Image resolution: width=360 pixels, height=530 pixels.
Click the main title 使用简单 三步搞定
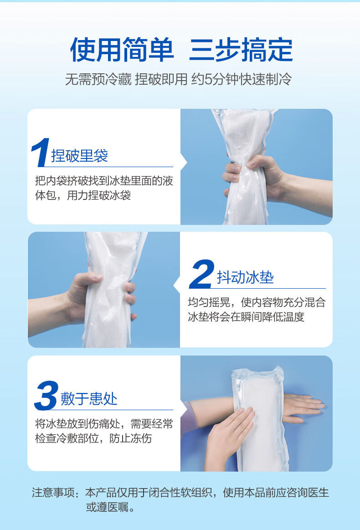click(x=181, y=50)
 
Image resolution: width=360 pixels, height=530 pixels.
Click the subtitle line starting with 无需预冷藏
click(x=178, y=79)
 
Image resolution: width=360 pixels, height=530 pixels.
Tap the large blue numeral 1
click(x=40, y=153)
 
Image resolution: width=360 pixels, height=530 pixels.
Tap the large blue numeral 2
click(x=202, y=274)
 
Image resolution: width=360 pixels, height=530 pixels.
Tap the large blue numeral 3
click(x=46, y=396)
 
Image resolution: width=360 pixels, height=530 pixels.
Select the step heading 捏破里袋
click(x=79, y=156)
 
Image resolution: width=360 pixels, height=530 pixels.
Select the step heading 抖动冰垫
click(x=245, y=277)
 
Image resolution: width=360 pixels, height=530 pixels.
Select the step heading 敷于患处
click(x=89, y=399)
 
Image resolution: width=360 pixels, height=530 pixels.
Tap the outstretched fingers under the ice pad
click(x=303, y=408)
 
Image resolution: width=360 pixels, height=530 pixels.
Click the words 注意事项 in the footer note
click(x=53, y=493)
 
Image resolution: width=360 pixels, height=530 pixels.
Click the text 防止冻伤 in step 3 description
click(x=131, y=438)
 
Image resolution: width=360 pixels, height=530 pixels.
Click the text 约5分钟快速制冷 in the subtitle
click(x=241, y=79)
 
